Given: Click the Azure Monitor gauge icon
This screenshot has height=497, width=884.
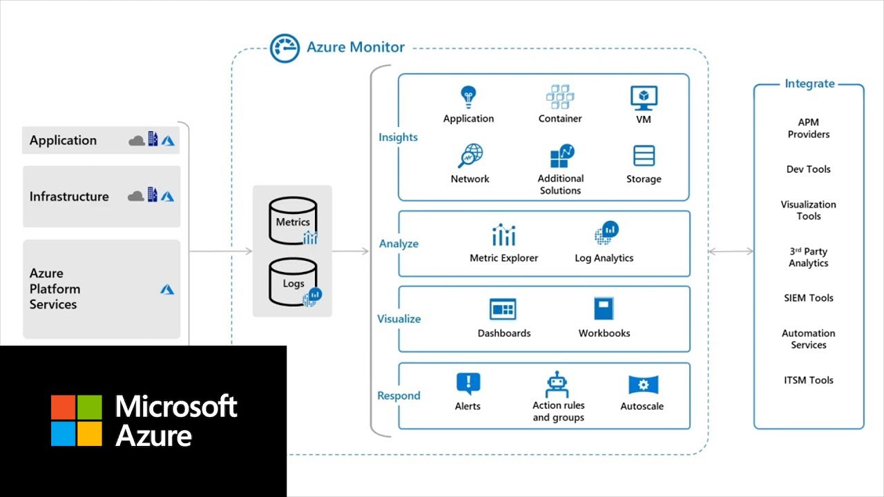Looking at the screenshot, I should pos(285,48).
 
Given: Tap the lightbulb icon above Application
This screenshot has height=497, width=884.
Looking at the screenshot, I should pos(469,97).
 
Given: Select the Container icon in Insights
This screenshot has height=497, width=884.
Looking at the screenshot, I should pos(560,97).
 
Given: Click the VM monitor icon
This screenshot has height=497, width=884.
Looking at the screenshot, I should pos(644,98).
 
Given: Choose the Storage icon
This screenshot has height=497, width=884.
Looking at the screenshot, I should pos(644,157).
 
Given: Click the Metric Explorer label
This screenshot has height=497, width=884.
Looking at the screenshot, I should pos(503,258).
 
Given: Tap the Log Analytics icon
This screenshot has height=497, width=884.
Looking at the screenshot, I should pos(606,233).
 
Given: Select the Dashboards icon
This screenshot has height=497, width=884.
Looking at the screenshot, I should pos(503,309).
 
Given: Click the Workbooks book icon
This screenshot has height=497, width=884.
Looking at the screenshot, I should pos(604,309).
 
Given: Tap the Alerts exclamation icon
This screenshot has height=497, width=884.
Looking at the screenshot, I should pos(468,384).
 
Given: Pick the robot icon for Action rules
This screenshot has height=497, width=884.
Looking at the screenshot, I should pos(557,384).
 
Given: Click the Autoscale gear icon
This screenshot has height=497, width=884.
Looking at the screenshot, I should pos(643,385).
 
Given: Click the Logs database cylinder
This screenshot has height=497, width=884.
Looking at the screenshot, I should pos(294,282).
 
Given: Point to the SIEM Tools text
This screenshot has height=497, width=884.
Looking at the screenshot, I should pos(808,298).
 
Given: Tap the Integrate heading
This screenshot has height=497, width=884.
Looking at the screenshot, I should pos(809,84).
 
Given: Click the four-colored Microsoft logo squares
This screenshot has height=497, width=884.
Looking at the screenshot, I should pos(76,420).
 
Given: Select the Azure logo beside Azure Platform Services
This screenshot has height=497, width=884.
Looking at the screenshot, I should pos(167,289).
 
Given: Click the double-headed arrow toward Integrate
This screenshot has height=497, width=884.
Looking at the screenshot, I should pos(731,251).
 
